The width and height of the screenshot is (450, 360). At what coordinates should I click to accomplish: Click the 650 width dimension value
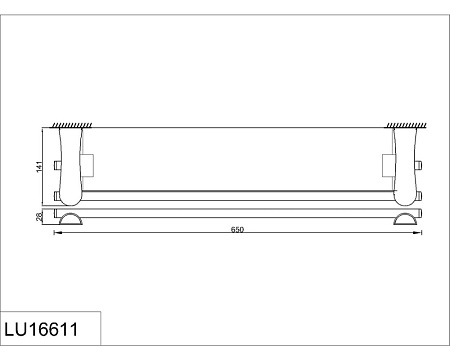pyautogui.click(x=238, y=230)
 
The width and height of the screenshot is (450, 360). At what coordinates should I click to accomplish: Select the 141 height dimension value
pyautogui.click(x=40, y=167)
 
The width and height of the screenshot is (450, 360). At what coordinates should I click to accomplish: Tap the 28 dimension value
pyautogui.click(x=39, y=217)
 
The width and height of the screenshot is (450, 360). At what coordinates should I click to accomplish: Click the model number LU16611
pyautogui.click(x=41, y=329)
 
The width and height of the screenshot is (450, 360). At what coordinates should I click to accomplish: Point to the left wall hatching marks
pyautogui.click(x=71, y=125)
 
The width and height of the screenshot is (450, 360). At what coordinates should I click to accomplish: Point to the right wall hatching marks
pyautogui.click(x=406, y=125)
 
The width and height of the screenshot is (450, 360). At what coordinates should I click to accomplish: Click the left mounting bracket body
pyautogui.click(x=71, y=166)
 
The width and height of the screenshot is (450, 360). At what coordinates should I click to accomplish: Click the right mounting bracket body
pyautogui.click(x=405, y=166)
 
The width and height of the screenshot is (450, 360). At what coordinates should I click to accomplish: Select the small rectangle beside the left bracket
pyautogui.click(x=87, y=165)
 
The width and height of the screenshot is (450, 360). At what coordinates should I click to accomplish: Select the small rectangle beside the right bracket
pyautogui.click(x=388, y=165)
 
